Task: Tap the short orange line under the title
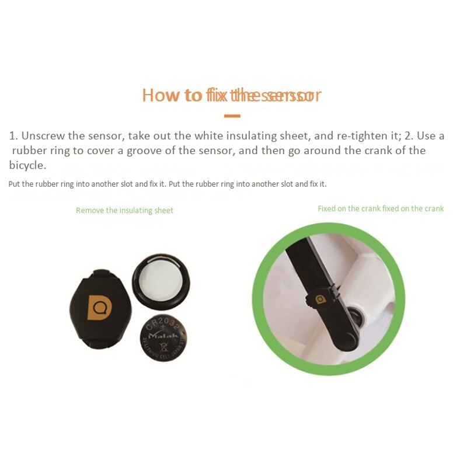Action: pyautogui.click(x=232, y=116)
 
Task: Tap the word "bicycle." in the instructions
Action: pyautogui.click(x=27, y=165)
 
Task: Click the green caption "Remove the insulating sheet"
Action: pyautogui.click(x=124, y=210)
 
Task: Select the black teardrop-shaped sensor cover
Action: pyautogui.click(x=98, y=310)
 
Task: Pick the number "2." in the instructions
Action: pyautogui.click(x=409, y=136)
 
